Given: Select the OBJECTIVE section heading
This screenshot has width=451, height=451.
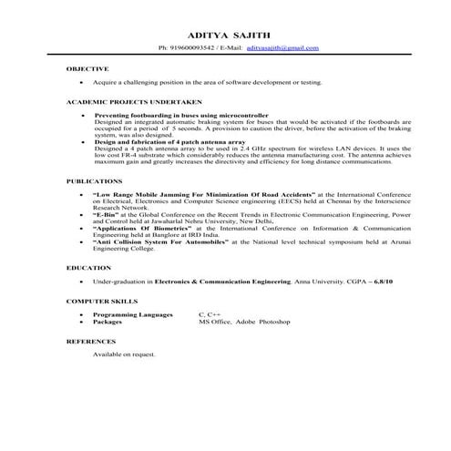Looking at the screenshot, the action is (88, 69).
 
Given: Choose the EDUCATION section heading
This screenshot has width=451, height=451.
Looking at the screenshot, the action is (89, 268).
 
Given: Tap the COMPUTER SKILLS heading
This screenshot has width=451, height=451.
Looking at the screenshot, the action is (102, 300).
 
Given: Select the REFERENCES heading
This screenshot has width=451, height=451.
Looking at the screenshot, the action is (92, 341).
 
